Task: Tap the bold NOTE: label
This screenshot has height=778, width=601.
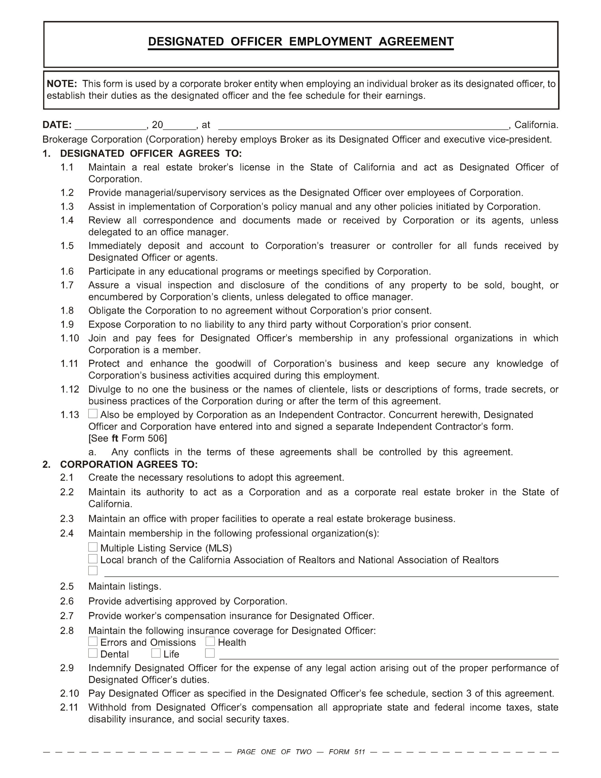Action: (62, 84)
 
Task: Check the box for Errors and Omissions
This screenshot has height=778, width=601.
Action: (93, 642)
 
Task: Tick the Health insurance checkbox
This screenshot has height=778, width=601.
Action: (210, 642)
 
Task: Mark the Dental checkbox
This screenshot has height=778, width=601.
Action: (93, 653)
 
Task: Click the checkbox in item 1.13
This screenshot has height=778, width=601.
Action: (93, 414)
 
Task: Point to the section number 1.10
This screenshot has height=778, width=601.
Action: (70, 338)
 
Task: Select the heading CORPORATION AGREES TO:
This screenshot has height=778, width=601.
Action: (129, 464)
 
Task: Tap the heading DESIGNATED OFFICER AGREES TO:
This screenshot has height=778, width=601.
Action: (151, 153)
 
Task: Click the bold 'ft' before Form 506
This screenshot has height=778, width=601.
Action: (115, 439)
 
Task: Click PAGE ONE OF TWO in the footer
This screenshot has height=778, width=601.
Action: (274, 752)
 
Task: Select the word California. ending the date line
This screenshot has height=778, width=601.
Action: (536, 125)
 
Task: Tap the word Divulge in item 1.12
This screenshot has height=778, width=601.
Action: (103, 389)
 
